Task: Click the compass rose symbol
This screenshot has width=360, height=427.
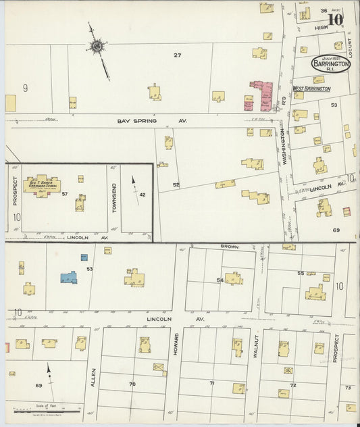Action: pyautogui.click(x=97, y=47)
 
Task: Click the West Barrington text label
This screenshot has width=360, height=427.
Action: pyautogui.click(x=311, y=89)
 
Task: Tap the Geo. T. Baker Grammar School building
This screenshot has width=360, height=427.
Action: pyautogui.click(x=42, y=184)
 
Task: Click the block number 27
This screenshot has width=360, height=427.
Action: pyautogui.click(x=178, y=55)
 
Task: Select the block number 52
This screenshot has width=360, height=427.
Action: pyautogui.click(x=176, y=184)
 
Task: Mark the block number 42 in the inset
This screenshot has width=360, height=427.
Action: pyautogui.click(x=143, y=195)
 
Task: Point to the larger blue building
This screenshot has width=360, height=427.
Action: pyautogui.click(x=68, y=277)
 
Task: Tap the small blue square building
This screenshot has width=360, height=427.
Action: pyautogui.click(x=84, y=257)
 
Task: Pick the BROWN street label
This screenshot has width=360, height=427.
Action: pyautogui.click(x=225, y=248)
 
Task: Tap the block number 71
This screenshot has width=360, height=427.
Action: pyautogui.click(x=211, y=383)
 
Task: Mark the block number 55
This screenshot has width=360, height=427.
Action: pyautogui.click(x=301, y=273)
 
